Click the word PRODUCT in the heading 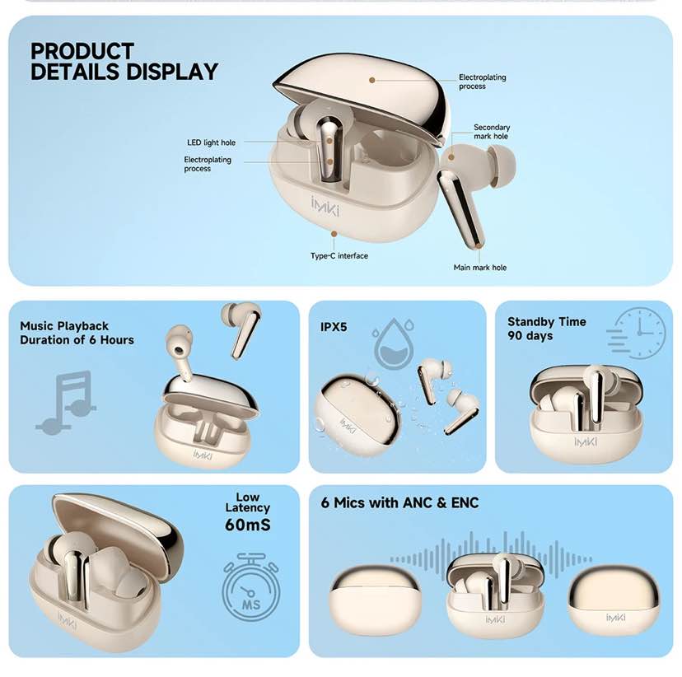tap(82, 51)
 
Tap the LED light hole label tap(211, 142)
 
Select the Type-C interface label tap(339, 255)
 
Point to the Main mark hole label tap(479, 268)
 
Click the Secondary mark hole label tap(492, 132)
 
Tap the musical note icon tap(66, 402)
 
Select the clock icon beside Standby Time tap(636, 334)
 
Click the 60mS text tap(247, 525)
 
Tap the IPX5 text tap(334, 327)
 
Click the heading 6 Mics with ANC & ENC tap(399, 502)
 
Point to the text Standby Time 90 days tap(547, 329)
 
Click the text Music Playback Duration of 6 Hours tap(77, 333)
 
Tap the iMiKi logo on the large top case tap(325, 206)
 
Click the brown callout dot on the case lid tap(371, 80)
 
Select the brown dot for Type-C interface tap(334, 234)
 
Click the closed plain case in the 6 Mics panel tap(375, 600)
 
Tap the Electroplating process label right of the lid tap(483, 82)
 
